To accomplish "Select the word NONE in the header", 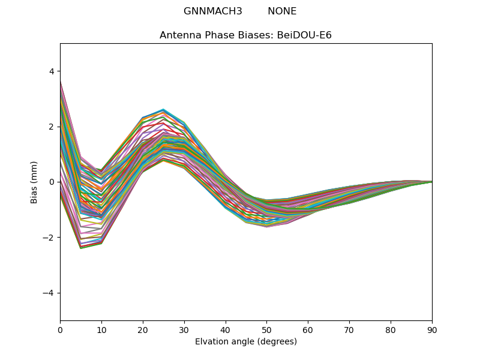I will [282, 11].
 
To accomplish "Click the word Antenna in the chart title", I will [178, 35].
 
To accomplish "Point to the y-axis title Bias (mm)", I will [34, 182].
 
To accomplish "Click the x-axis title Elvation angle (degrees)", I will [246, 342].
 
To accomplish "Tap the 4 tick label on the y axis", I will [51, 71].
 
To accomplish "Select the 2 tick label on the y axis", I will [51, 127].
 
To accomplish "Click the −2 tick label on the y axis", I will [49, 238].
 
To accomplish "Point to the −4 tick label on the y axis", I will [49, 293].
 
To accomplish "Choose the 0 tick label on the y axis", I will [51, 182].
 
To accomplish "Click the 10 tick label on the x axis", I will [101, 329].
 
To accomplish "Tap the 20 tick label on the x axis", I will [143, 329].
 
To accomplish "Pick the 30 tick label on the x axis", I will [184, 329].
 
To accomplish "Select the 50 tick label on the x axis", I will [266, 329].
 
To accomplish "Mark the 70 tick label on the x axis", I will [349, 329].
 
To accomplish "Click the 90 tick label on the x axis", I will [432, 329].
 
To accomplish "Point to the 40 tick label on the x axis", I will [226, 329].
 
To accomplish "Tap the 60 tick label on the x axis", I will [308, 329].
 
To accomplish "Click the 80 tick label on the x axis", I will [391, 329].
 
